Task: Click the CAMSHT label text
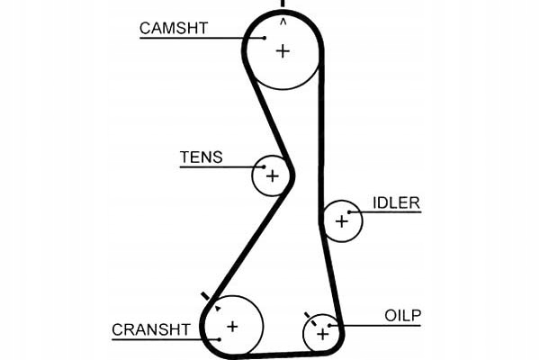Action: tap(173, 28)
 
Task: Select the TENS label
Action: tap(201, 157)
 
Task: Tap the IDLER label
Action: tap(396, 202)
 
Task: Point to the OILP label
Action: tap(403, 315)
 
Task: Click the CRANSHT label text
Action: tap(151, 330)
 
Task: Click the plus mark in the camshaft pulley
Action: tap(283, 51)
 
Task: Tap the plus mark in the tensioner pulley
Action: tap(271, 175)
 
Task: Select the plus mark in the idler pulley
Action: tap(341, 220)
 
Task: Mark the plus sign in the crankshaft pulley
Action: tap(231, 326)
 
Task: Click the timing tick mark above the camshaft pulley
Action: tap(283, 4)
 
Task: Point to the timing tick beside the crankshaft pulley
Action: tap(206, 296)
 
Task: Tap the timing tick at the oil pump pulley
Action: tap(308, 316)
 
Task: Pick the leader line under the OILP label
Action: tap(378, 325)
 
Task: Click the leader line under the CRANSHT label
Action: tap(162, 340)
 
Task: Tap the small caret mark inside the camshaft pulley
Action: tap(283, 20)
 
